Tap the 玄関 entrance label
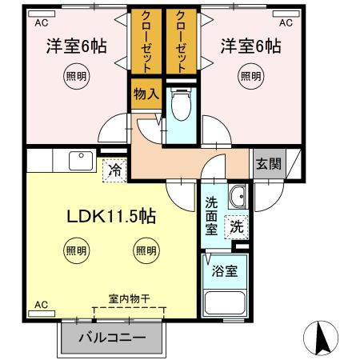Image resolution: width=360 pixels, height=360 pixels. tap(269, 163)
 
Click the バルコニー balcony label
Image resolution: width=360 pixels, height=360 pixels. tap(112, 338)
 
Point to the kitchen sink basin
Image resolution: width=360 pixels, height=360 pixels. tap(81, 161)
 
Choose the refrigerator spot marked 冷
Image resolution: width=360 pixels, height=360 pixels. tap(114, 170)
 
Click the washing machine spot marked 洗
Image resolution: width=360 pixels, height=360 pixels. tap(236, 227)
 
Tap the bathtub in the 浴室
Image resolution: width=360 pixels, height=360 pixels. tap(225, 303)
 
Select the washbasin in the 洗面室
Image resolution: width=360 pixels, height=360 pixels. tap(238, 197)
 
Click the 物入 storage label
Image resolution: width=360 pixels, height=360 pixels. tap(146, 94)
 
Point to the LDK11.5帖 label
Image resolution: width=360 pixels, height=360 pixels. tap(111, 216)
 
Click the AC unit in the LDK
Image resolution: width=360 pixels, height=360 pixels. tap(42, 314)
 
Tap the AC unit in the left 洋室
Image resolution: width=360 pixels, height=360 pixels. tap(42, 14)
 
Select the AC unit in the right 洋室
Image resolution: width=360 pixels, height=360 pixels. tap(286, 14)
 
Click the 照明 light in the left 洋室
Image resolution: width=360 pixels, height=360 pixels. tap(76, 76)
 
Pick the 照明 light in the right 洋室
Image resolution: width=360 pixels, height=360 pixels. tap(251, 76)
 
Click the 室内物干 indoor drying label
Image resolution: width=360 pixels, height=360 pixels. tap(129, 299)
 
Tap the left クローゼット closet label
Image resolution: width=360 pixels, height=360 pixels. tap(146, 42)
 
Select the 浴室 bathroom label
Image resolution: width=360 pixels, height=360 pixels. tap(225, 271)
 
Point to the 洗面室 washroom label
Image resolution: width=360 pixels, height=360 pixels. tap(211, 216)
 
